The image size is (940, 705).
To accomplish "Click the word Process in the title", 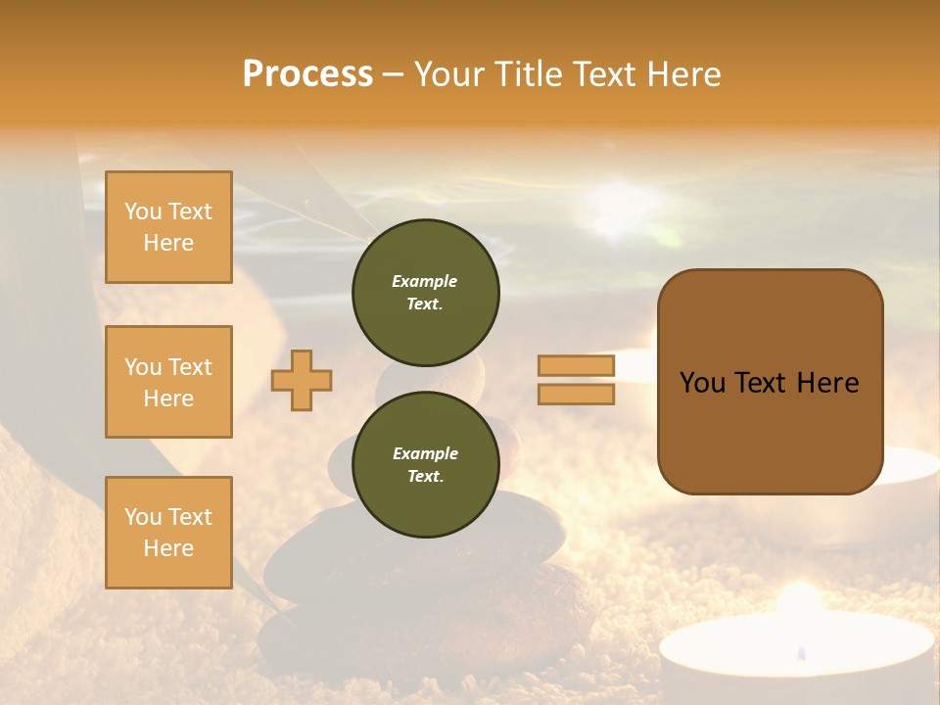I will [307, 74].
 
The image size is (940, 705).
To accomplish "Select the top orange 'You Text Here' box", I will [168, 227].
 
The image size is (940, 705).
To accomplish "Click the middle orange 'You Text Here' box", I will [168, 382].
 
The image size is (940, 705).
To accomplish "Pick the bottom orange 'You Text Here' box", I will [168, 532].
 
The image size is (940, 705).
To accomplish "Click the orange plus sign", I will [302, 380].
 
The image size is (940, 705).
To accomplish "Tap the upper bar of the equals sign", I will [576, 366].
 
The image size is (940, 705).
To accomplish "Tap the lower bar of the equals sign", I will [576, 394].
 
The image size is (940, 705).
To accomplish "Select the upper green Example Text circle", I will [426, 293].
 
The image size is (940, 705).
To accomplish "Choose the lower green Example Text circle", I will [426, 464].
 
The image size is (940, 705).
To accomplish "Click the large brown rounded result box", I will [770, 382].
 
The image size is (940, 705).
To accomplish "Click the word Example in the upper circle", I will [425, 281].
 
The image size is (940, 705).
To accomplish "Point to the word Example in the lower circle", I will [425, 453].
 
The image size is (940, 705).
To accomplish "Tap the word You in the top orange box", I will [143, 211].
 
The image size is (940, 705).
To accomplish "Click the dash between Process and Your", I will [393, 75].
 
